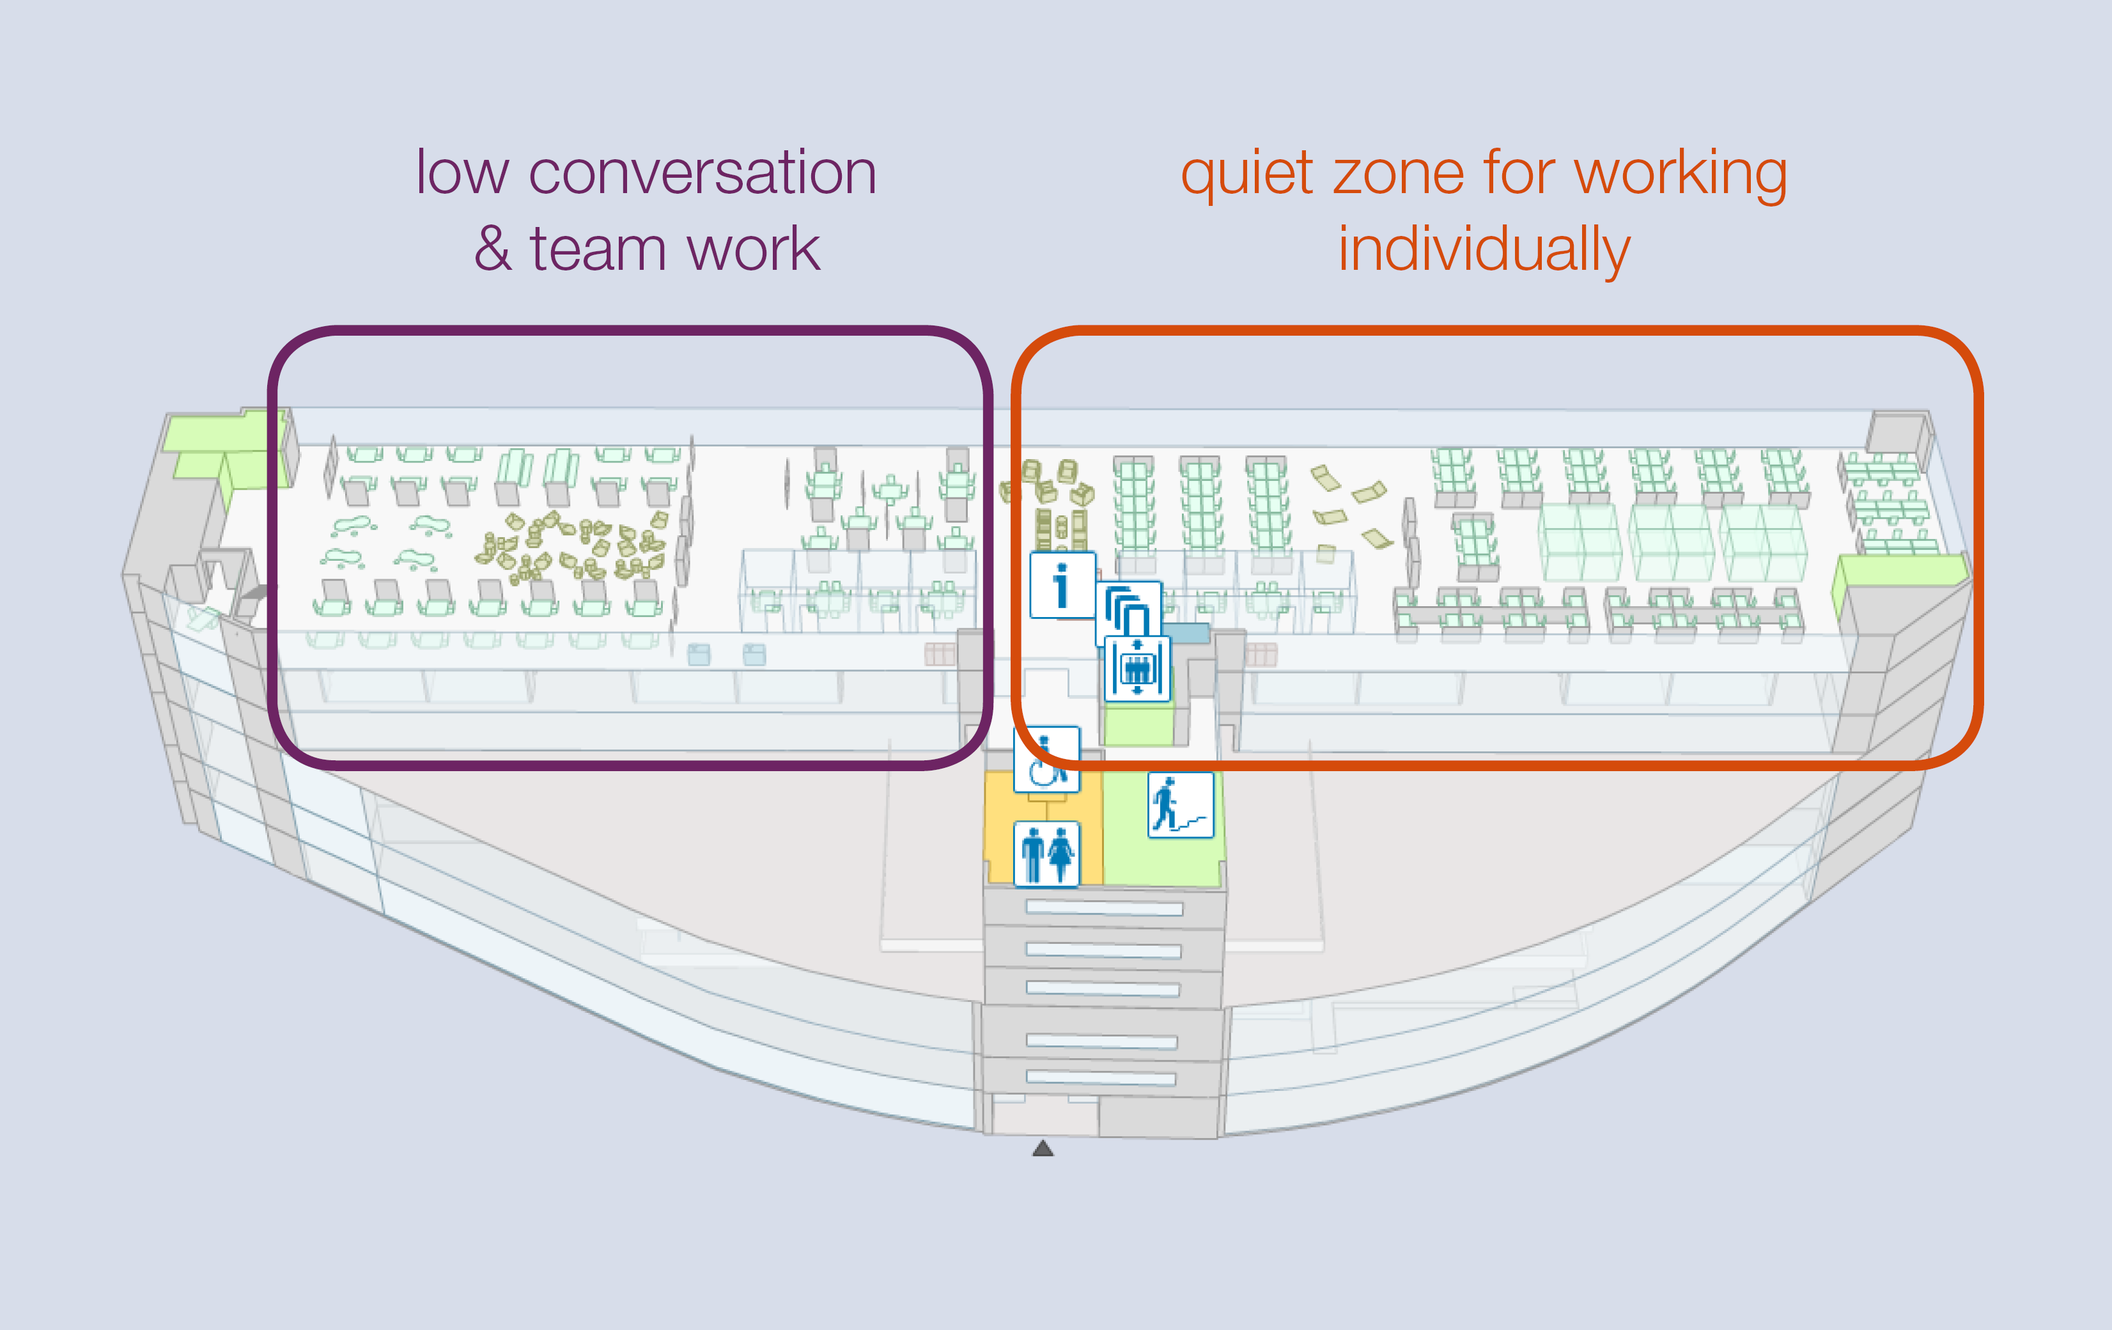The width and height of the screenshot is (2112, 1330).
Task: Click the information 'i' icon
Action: (1062, 585)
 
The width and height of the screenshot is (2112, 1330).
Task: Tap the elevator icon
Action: (1137, 668)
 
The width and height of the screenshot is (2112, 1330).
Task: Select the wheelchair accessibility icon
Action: (1046, 760)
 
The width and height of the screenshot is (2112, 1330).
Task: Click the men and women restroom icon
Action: (1046, 854)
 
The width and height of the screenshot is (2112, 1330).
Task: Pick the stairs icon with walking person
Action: (1181, 804)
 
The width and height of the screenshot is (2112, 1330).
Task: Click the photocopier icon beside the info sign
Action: (1129, 611)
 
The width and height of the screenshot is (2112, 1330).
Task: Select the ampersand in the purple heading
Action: (493, 249)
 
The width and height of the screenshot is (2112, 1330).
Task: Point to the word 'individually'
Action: (1484, 251)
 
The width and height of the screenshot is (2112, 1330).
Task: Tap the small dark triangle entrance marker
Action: (1043, 1148)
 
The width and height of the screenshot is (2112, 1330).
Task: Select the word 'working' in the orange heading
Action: (1681, 175)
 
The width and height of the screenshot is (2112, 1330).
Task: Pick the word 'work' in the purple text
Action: (754, 249)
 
